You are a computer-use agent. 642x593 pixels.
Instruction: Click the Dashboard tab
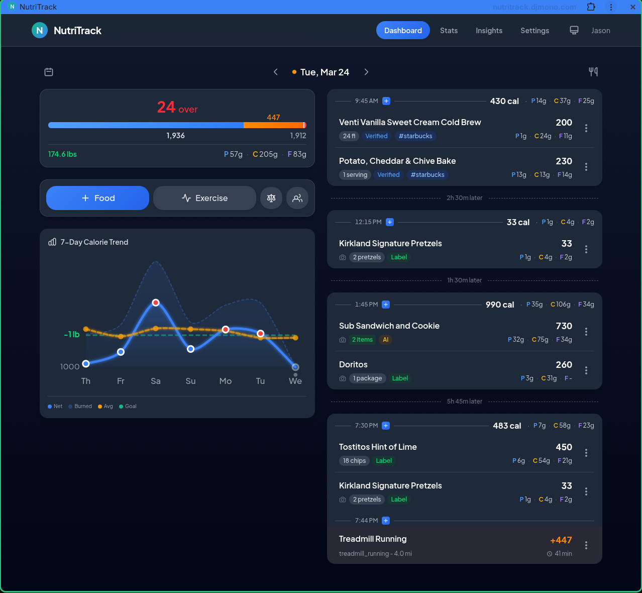pos(403,31)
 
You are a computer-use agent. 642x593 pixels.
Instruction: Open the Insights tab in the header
pos(489,31)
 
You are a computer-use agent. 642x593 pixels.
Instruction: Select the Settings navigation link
pos(534,31)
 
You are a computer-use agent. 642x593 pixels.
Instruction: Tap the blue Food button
pos(97,198)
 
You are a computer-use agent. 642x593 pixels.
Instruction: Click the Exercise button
pos(204,198)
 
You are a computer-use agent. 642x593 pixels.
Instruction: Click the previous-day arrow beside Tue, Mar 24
pos(276,72)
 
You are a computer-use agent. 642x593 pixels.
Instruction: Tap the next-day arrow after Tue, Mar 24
pos(366,72)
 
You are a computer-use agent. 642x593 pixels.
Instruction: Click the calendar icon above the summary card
pos(49,72)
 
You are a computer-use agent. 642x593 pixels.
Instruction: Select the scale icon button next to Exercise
pos(271,198)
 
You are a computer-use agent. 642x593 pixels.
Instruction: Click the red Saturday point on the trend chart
pos(156,303)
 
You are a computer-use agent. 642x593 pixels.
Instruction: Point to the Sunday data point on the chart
pos(190,349)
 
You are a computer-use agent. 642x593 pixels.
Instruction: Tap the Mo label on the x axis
pos(226,381)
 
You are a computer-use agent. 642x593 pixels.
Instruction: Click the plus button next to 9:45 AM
pos(386,101)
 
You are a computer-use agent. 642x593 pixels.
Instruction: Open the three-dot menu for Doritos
pos(586,370)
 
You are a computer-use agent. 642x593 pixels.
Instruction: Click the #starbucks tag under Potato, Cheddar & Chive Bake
pos(427,175)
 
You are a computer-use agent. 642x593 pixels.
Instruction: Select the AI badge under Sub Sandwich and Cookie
pos(386,340)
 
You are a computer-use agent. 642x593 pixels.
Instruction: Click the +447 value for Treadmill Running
pos(561,540)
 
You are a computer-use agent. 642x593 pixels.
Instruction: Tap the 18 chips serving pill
pos(354,461)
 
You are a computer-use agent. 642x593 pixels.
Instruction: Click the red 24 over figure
pos(177,108)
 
